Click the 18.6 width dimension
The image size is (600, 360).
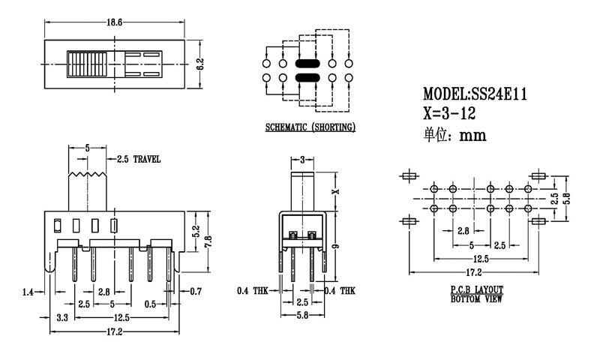(114, 23)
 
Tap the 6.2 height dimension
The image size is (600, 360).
(200, 64)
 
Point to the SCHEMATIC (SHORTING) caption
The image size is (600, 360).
(310, 127)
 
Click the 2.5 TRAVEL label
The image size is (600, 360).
(139, 159)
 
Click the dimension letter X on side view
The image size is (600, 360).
(334, 191)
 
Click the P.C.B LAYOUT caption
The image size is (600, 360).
(476, 289)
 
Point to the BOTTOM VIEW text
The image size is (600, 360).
(476, 298)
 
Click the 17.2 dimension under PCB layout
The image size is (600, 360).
(474, 271)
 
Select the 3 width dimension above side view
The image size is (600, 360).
(301, 160)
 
